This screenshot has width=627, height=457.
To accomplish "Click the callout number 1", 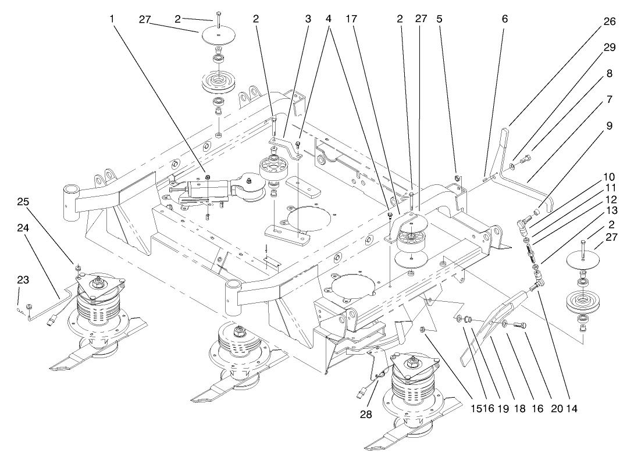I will point(112,19).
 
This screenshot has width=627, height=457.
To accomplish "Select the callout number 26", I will point(609,21).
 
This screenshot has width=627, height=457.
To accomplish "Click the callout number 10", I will point(609,176).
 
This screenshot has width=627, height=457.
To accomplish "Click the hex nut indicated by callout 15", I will point(425,330).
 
